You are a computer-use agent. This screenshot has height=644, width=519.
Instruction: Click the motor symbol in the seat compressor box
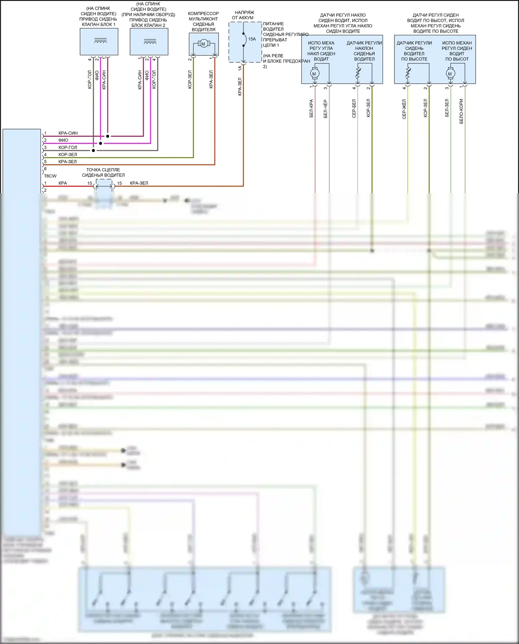(203, 44)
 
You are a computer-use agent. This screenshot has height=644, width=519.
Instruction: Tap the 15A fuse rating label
(252, 39)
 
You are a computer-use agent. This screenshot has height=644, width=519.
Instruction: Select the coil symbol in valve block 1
(100, 41)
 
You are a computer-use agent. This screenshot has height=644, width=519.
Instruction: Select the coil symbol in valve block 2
(150, 42)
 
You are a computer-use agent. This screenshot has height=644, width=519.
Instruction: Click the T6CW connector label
(50, 176)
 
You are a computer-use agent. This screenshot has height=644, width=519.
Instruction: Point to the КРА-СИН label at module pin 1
(68, 133)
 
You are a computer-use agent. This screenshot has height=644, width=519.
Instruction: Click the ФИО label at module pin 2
(63, 140)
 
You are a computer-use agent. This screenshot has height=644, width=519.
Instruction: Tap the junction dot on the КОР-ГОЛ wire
(93, 151)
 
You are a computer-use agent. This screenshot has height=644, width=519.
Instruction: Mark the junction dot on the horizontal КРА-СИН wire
(108, 136)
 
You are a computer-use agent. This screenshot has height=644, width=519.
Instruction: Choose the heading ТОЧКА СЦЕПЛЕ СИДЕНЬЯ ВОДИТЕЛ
(103, 172)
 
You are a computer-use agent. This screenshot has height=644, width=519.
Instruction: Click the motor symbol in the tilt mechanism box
(314, 74)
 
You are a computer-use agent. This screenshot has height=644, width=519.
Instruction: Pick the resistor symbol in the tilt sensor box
(358, 73)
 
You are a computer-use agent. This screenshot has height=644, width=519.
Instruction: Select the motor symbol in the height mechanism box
(450, 74)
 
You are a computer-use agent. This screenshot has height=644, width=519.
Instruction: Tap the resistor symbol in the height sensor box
(408, 73)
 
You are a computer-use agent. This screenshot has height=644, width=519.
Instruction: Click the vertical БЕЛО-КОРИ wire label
(461, 111)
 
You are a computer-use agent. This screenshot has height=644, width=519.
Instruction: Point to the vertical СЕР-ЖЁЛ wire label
(404, 109)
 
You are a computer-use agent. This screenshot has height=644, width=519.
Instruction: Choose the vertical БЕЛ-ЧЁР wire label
(326, 109)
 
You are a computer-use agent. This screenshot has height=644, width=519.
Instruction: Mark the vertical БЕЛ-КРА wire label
(311, 109)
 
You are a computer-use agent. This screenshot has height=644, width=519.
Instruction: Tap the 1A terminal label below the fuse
(240, 68)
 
